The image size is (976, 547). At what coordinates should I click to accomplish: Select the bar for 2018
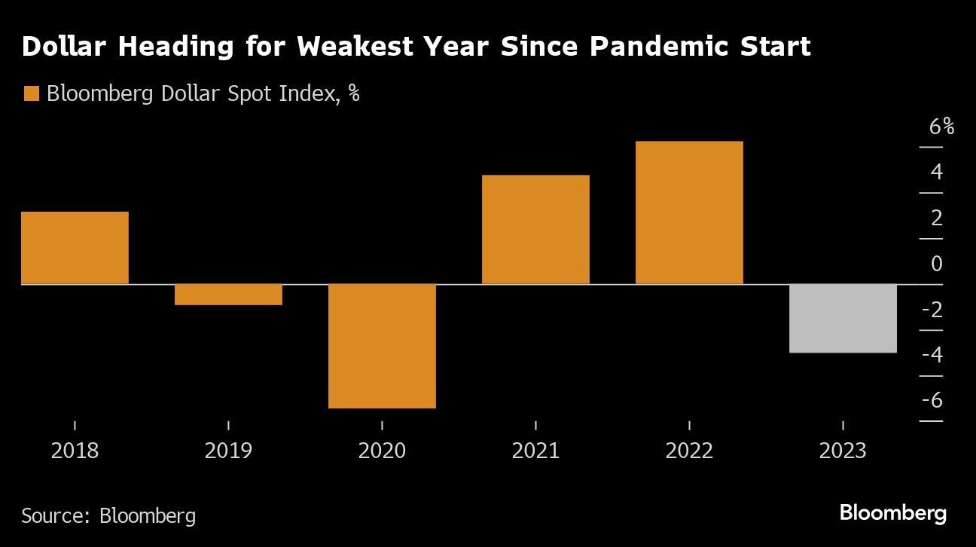(x=75, y=248)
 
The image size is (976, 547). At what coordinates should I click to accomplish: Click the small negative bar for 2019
(x=228, y=295)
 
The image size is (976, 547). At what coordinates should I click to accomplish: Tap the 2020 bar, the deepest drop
(x=382, y=346)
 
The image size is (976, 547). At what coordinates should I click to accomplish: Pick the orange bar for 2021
(x=535, y=230)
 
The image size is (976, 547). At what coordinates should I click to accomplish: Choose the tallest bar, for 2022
(x=689, y=212)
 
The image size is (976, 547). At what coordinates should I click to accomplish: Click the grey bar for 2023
(x=843, y=318)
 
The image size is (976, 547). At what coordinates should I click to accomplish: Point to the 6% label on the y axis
(x=941, y=127)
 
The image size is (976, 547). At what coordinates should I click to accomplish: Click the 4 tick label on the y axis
(x=936, y=173)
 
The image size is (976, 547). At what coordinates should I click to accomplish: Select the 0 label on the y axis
(x=936, y=264)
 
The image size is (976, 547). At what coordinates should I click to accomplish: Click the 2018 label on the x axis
(x=75, y=451)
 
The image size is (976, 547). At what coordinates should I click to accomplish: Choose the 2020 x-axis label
(x=382, y=451)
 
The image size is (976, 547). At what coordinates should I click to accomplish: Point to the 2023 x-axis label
(x=843, y=451)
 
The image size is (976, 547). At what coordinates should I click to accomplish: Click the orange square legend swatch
(x=31, y=94)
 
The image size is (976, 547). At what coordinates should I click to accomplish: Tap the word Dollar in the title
(x=66, y=47)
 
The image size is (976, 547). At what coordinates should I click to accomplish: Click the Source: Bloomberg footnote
(x=108, y=515)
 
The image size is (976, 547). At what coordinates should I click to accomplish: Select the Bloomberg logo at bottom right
(x=892, y=514)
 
